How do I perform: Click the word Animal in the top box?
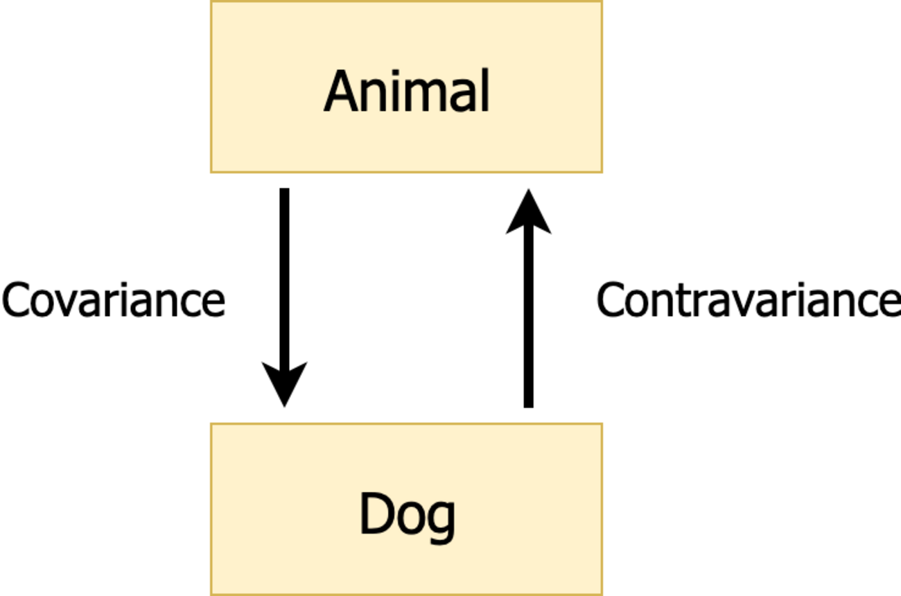(407, 91)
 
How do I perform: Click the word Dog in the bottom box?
(408, 516)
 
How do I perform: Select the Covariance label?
(114, 299)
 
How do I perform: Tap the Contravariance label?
(749, 299)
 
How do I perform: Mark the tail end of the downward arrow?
(284, 189)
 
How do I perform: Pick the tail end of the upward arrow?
(529, 407)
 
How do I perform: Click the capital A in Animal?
(341, 91)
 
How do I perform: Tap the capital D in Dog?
(377, 514)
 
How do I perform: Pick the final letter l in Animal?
(485, 90)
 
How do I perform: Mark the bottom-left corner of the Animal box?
(211, 173)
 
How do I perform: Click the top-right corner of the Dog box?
(602, 423)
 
